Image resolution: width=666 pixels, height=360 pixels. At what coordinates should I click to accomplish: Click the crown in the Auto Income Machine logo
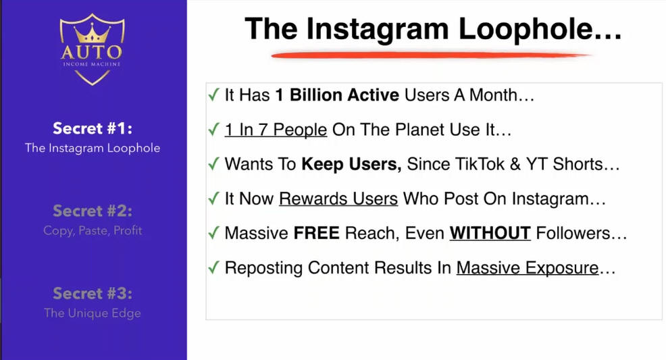[x=92, y=32]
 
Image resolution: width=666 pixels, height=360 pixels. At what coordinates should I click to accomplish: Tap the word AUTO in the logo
[x=92, y=52]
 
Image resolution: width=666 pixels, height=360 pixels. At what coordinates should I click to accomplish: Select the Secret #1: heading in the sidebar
[x=93, y=128]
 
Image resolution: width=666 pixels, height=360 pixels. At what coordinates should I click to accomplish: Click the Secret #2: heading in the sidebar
[x=93, y=211]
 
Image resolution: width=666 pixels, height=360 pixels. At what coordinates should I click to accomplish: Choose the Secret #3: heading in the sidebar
[x=93, y=293]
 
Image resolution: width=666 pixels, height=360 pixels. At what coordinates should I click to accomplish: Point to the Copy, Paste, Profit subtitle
[x=93, y=230]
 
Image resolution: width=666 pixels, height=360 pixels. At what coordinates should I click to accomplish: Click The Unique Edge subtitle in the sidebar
[x=93, y=313]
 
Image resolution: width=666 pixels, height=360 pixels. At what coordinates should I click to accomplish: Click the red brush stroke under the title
[x=431, y=55]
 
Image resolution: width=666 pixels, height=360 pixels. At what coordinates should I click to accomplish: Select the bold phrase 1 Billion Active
[x=337, y=95]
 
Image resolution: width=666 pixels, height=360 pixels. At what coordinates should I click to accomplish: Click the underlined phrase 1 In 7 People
[x=276, y=130]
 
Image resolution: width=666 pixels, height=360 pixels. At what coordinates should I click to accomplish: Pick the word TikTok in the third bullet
[x=480, y=164]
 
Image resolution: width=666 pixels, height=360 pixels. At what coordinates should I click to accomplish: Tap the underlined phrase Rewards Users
[x=338, y=199]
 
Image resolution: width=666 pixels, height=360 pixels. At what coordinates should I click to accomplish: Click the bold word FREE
[x=316, y=234]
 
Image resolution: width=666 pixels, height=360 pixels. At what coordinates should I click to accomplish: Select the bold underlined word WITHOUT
[x=490, y=234]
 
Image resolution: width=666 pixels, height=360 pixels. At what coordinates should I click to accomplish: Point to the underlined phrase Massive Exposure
[x=528, y=268]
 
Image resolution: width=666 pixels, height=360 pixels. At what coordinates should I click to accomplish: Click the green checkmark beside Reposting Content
[x=213, y=267]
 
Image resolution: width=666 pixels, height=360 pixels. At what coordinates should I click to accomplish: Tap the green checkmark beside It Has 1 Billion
[x=213, y=95]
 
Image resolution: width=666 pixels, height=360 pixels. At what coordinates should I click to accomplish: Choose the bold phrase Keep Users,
[x=351, y=165]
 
